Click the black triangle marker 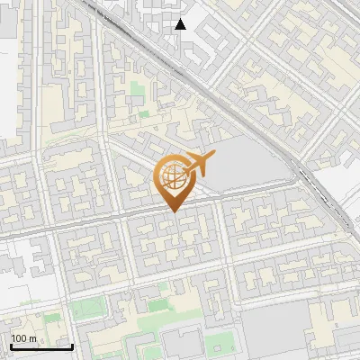coord(181,24)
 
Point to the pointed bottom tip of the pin coord(173,211)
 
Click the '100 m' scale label coord(23,338)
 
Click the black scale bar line coord(41,346)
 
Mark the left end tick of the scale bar coord(12,345)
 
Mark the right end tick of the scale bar coord(72,345)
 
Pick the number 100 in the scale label coord(19,338)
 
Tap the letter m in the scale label coord(32,338)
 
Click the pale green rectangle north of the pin coord(136,91)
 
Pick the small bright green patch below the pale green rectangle coord(143,114)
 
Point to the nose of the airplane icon coord(213,155)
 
